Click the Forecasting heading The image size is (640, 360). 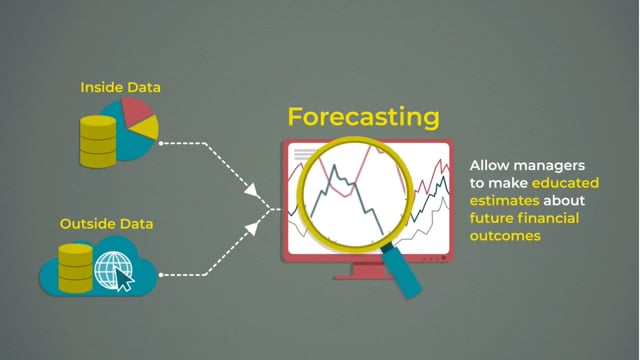tap(363, 117)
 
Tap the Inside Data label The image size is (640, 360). tap(120, 88)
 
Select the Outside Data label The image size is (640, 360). tap(107, 223)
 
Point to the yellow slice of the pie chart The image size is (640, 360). tap(148, 128)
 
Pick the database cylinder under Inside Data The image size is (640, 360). tap(98, 141)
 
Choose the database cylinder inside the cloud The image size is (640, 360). tap(75, 267)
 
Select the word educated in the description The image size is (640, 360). tap(565, 184)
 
